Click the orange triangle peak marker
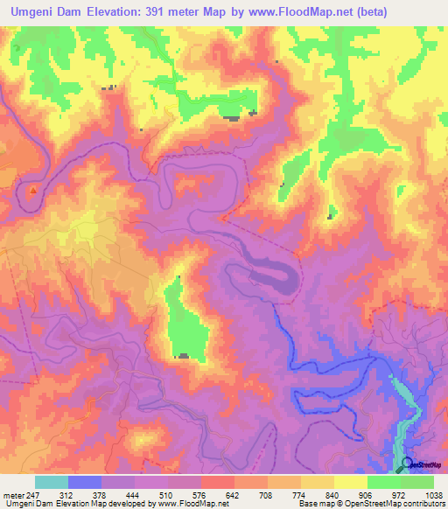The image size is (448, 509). tap(33, 189)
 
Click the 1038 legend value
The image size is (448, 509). tap(432, 496)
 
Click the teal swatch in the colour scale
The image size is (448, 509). tap(51, 482)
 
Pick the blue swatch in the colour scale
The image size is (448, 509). tap(84, 482)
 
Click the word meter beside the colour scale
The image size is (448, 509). tap(13, 496)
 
